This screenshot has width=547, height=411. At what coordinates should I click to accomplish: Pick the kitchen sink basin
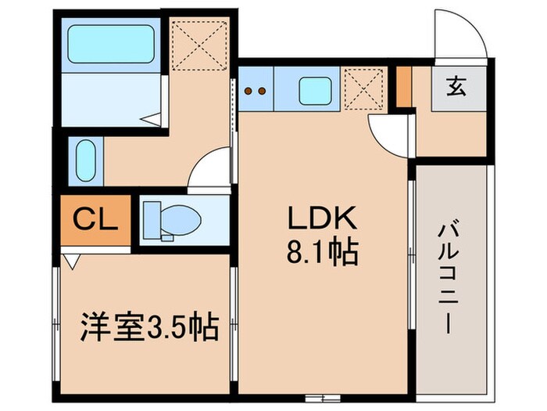pos(317,91)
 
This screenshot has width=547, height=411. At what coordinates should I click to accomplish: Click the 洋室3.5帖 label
pos(148,326)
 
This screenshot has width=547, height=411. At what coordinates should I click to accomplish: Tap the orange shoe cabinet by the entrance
pos(403,87)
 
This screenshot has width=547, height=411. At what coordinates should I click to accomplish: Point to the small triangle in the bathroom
pos(153,120)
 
